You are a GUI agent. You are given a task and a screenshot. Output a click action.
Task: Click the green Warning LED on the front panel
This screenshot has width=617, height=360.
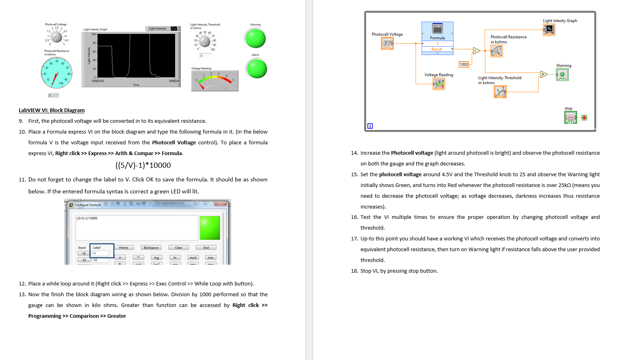click(255, 39)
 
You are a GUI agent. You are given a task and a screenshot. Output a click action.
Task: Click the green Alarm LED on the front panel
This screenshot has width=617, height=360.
click(257, 69)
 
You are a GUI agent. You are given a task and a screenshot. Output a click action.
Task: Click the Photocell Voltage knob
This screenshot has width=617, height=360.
click(57, 37)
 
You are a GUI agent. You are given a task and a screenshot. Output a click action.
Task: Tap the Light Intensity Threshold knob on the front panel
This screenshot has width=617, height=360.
click(205, 41)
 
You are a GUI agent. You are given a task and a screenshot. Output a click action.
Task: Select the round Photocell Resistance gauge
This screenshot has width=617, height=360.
click(57, 73)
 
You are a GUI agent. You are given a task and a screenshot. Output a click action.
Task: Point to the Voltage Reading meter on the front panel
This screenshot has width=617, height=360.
click(215, 81)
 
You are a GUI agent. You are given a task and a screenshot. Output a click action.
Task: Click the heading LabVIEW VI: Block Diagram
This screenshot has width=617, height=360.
click(51, 110)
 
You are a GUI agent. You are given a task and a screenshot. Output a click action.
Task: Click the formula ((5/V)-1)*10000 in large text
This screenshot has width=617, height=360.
click(143, 165)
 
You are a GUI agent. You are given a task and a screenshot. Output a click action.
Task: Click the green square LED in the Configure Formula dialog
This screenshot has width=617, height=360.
click(210, 228)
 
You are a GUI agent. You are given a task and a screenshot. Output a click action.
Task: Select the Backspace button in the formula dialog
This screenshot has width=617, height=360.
click(151, 248)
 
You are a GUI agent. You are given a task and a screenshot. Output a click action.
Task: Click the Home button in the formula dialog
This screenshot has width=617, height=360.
click(124, 248)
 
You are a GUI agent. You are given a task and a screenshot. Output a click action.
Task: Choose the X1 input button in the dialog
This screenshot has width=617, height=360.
click(84, 253)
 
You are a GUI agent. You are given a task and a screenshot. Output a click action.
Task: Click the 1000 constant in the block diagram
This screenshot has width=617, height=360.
click(463, 65)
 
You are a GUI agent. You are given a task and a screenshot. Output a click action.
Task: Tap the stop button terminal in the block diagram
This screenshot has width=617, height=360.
click(570, 118)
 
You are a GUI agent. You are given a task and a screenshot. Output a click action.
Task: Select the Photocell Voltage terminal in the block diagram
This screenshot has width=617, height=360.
click(387, 43)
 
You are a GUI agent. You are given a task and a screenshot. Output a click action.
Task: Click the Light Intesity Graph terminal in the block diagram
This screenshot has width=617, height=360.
click(549, 30)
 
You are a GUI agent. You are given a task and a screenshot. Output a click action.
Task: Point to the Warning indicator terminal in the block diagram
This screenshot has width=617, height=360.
click(562, 75)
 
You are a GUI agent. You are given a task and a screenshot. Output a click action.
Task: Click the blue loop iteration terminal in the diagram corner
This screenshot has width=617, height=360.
click(370, 126)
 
